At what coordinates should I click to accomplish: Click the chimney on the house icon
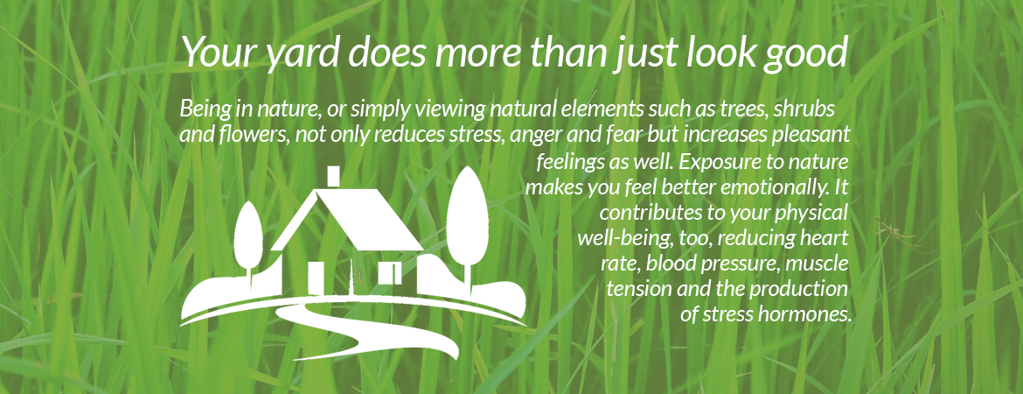[x=333, y=176]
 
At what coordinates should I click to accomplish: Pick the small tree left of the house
[x=248, y=238]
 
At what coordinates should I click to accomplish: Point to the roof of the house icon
[x=352, y=219]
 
